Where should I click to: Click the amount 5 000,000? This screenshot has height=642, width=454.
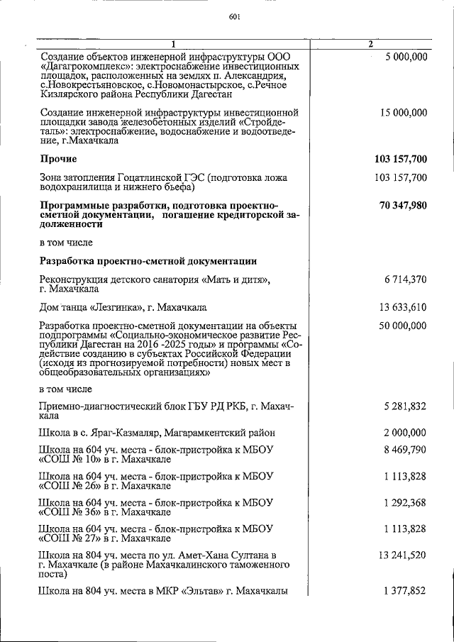[402, 57]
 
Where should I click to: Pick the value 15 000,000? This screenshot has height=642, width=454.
[399, 113]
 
